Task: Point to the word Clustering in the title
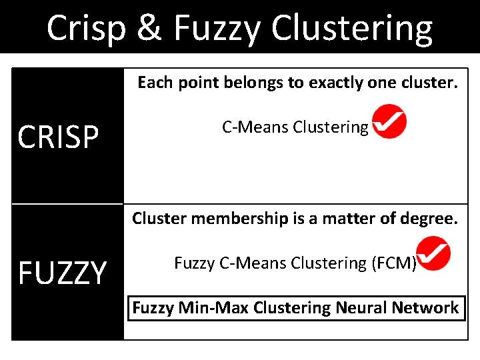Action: [351, 29]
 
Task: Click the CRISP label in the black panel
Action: [58, 138]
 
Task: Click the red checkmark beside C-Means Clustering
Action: [389, 121]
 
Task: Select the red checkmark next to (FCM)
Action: [433, 256]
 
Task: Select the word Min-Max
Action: [203, 308]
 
